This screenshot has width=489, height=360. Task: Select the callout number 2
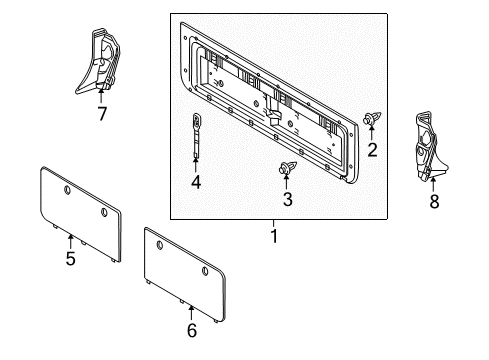click(x=372, y=151)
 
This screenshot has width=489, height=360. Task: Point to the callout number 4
click(x=196, y=182)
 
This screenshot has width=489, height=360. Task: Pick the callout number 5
click(x=70, y=259)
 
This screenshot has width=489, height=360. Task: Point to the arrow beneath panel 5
click(x=70, y=241)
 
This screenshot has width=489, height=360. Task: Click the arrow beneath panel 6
click(x=191, y=311)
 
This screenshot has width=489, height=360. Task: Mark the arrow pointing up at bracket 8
click(x=432, y=181)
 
